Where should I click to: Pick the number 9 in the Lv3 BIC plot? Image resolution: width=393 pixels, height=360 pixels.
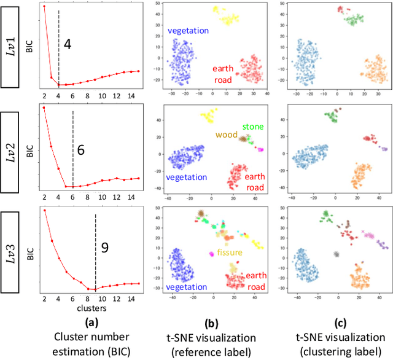(104, 249)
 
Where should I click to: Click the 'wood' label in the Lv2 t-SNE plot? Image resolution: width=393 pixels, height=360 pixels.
(227, 135)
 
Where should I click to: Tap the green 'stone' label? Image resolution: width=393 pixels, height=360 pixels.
(252, 127)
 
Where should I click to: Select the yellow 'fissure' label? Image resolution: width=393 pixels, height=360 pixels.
(228, 252)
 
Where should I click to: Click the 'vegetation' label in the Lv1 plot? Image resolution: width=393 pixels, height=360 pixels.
(189, 30)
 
